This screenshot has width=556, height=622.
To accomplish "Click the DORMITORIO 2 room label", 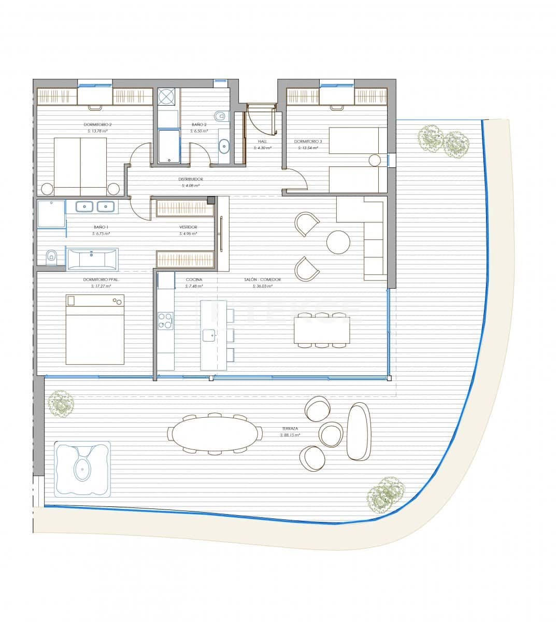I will (x=98, y=124).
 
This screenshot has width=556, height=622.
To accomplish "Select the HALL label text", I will (x=262, y=141).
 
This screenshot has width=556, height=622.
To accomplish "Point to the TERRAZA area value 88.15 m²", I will (x=290, y=435).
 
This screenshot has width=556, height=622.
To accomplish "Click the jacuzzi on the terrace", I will (x=82, y=469).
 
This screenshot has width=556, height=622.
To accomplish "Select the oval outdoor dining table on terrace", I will (x=214, y=434).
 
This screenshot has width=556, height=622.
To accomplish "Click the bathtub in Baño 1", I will (x=92, y=259).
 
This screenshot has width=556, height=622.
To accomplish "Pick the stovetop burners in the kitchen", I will (x=165, y=320).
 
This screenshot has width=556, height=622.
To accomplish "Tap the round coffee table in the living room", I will (x=338, y=242).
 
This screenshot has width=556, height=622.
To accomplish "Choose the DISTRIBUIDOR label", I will (x=191, y=179).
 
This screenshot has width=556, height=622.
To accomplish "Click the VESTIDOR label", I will (x=188, y=227).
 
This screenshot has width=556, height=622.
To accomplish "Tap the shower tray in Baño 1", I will (x=51, y=214).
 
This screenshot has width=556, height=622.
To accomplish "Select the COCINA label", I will (x=194, y=279).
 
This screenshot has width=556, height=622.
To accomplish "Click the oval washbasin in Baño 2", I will (x=224, y=146).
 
